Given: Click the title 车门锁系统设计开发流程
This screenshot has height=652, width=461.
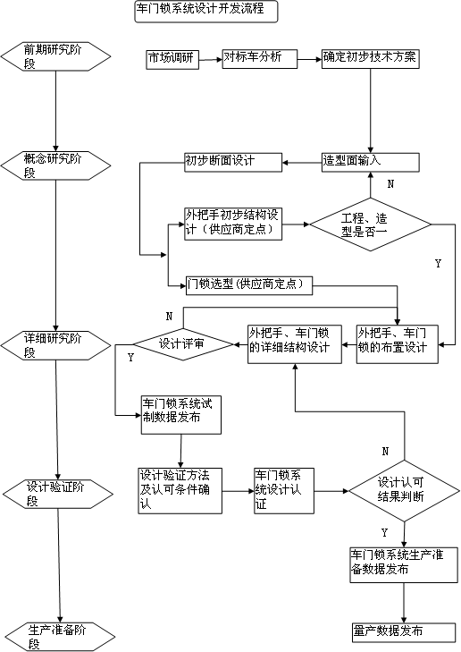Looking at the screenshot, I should [x=205, y=11].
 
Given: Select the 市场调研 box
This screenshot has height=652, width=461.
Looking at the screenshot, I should [x=172, y=59].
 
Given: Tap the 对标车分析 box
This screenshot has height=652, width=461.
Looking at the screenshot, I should [x=259, y=58].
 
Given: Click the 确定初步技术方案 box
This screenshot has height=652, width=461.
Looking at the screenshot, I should [x=370, y=58].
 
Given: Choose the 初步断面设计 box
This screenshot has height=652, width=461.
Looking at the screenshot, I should [x=232, y=162].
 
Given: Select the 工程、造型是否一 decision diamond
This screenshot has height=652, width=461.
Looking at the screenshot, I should [x=370, y=224].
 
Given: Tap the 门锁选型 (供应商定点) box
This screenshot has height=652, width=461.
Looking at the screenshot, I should [x=247, y=285].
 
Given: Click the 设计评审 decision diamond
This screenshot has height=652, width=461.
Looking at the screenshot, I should [x=182, y=343].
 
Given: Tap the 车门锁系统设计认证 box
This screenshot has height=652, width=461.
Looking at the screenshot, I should [x=284, y=490].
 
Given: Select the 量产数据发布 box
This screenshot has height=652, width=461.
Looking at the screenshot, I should [x=402, y=631].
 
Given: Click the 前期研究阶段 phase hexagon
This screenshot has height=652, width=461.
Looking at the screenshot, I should [x=56, y=55].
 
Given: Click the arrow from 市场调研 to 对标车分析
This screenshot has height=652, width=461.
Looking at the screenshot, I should [x=210, y=59].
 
